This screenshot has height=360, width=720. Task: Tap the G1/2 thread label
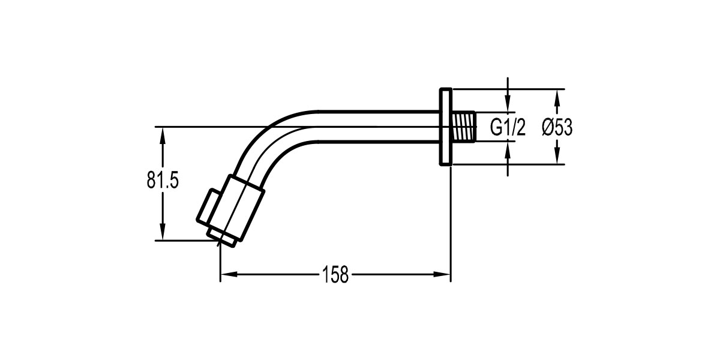pyautogui.click(x=508, y=127)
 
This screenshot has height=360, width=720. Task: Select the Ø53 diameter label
pyautogui.click(x=557, y=127)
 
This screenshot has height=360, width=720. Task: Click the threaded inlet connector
pyautogui.click(x=464, y=127)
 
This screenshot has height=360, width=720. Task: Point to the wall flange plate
pyautogui.click(x=445, y=127)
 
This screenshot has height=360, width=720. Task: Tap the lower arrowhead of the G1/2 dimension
pyautogui.click(x=508, y=147)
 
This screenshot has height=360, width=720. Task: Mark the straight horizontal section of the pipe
pyautogui.click(x=378, y=127)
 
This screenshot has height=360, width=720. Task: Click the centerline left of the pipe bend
pyautogui.click(x=198, y=127)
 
